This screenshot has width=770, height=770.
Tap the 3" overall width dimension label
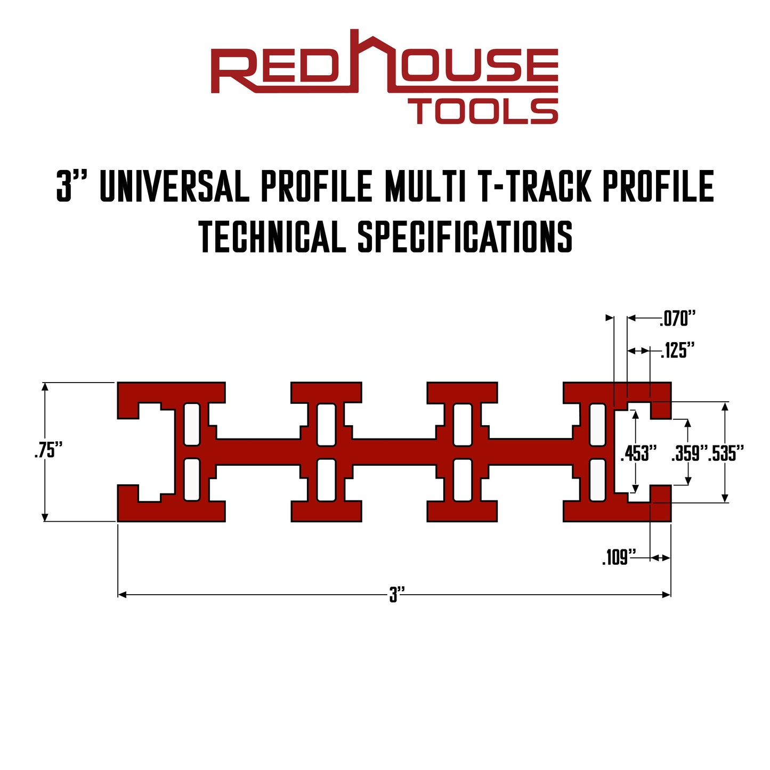click(x=397, y=594)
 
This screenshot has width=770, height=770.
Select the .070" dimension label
click(x=678, y=319)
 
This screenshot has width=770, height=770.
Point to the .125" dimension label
click(x=678, y=351)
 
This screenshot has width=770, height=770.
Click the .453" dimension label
click(x=638, y=453)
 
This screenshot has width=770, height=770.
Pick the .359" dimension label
click(x=689, y=453)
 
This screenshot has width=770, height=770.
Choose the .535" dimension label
click(x=726, y=453)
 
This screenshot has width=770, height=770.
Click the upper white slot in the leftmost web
click(x=192, y=424)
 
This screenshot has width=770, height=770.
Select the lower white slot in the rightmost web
click(x=597, y=480)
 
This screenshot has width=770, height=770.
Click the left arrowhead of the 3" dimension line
click(x=122, y=594)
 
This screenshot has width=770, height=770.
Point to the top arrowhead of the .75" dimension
click(x=45, y=387)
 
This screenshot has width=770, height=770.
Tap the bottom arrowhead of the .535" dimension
click(x=724, y=498)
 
